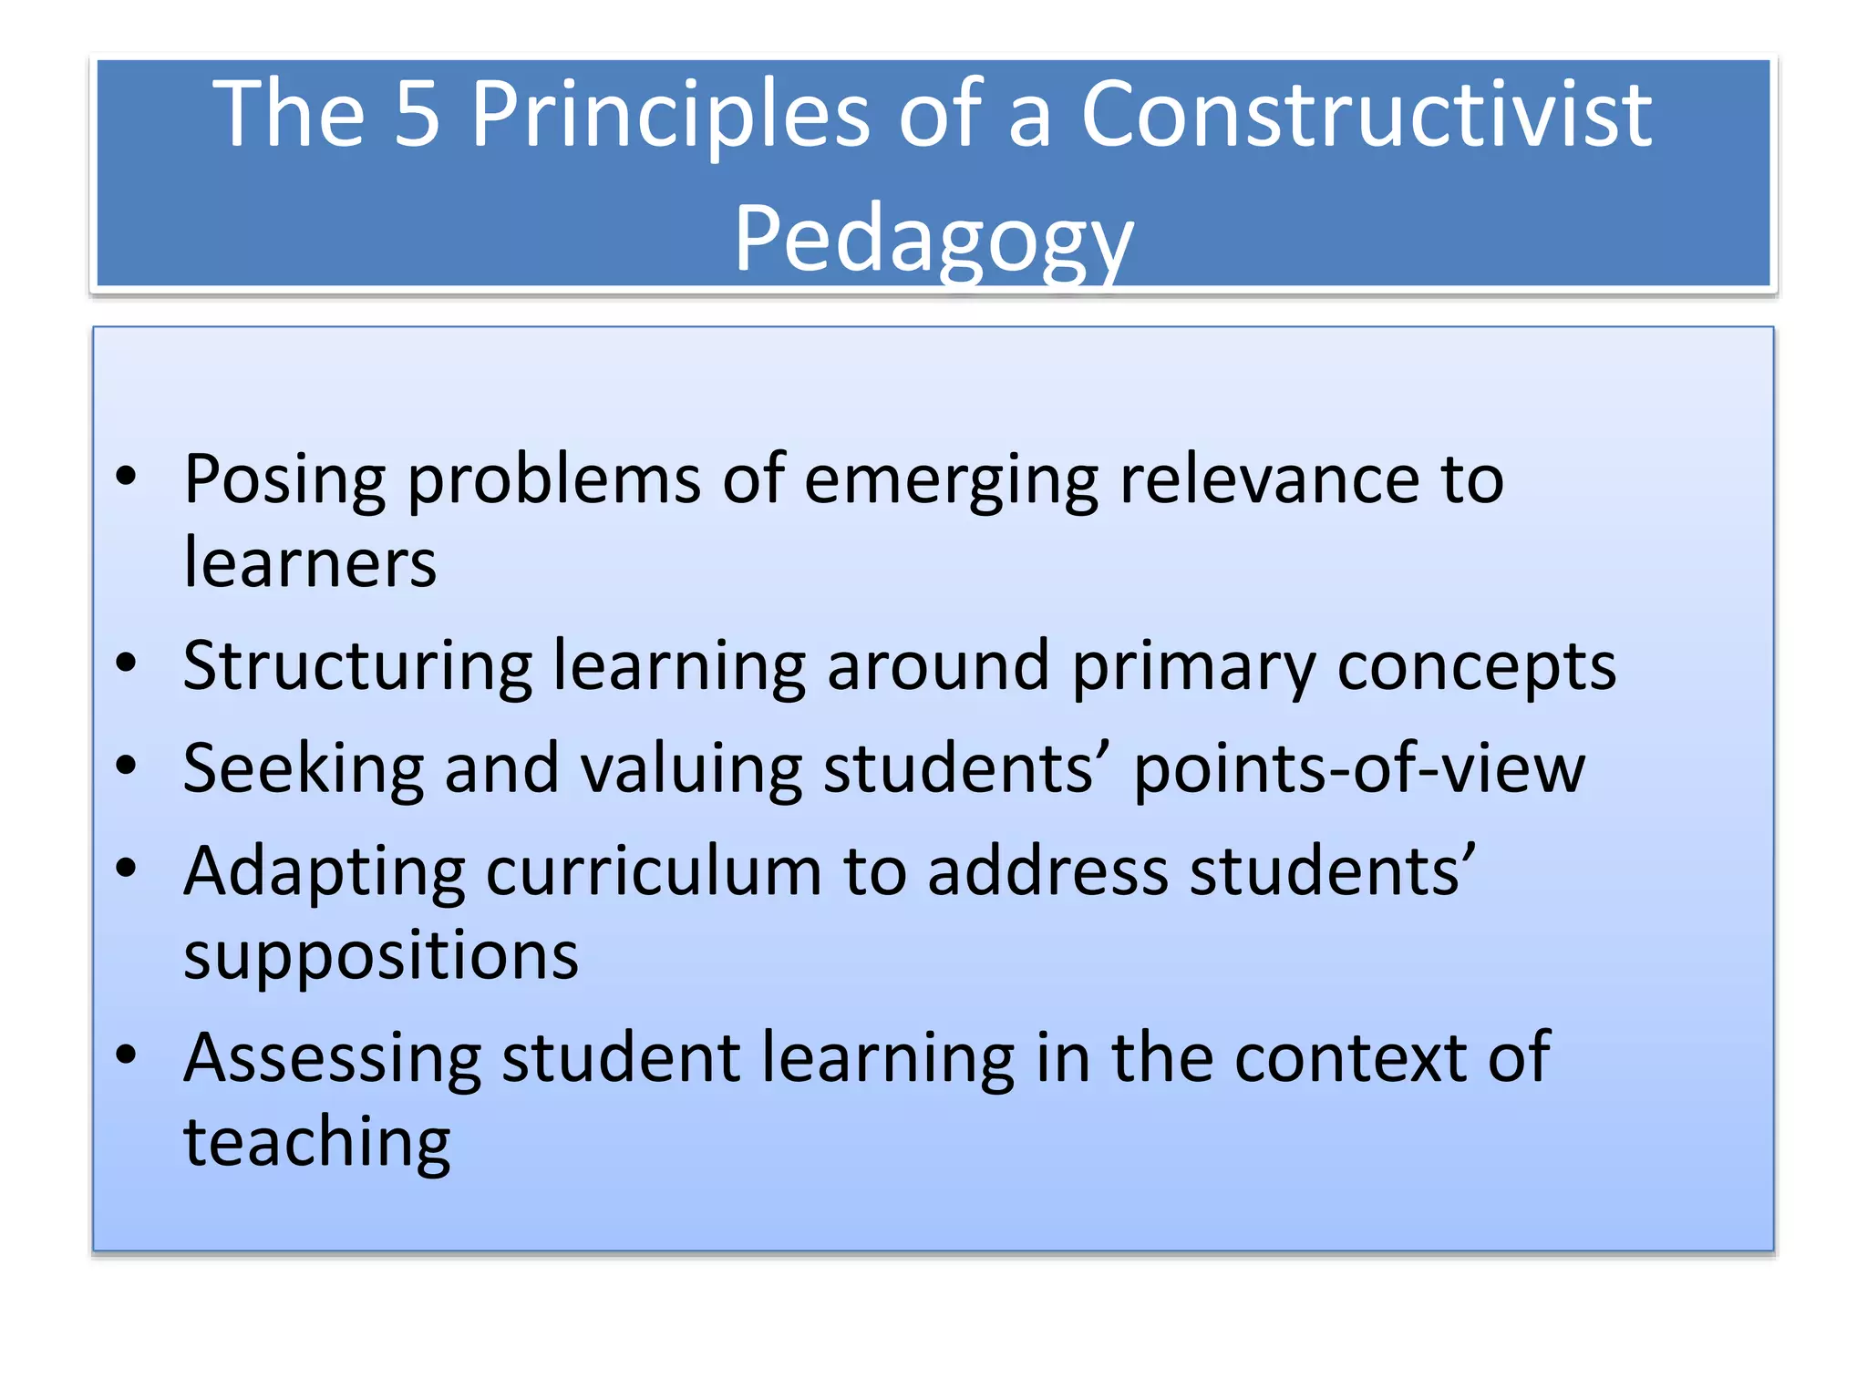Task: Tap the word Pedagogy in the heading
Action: click(933, 239)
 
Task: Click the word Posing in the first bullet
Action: click(284, 480)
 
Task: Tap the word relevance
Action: click(1269, 480)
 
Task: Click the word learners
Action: click(310, 562)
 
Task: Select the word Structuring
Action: click(357, 666)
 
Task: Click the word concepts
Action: click(1476, 666)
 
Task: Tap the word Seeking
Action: click(303, 769)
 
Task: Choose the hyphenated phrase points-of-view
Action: click(1359, 769)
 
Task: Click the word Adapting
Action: click(324, 872)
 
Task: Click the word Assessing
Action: click(332, 1059)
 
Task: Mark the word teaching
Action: click(316, 1143)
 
